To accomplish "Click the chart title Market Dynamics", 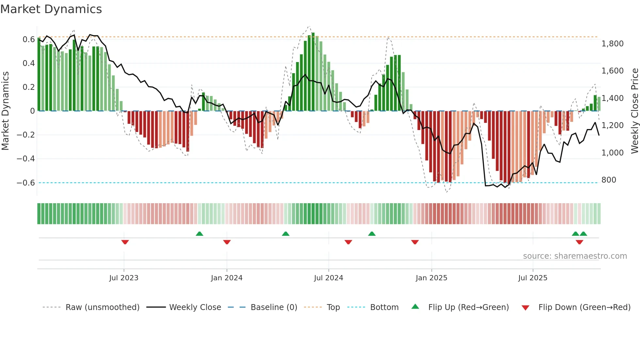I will tap(51, 9).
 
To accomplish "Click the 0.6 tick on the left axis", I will tap(29, 40).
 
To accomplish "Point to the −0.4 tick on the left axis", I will tap(26, 159).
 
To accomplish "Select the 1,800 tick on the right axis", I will tap(612, 44).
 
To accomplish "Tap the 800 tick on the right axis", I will tap(609, 180).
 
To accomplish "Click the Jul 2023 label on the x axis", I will tap(124, 278).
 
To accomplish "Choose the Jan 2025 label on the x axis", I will tap(431, 278).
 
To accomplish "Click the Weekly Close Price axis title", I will tap(634, 111).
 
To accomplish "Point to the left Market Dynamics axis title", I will tap(5, 111).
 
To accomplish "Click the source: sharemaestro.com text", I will tap(575, 256).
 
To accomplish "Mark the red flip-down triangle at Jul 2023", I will tap(125, 242).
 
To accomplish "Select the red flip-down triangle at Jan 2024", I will tap(227, 242).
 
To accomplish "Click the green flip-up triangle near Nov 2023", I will tap(200, 234).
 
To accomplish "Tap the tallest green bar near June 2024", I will tap(313, 72).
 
